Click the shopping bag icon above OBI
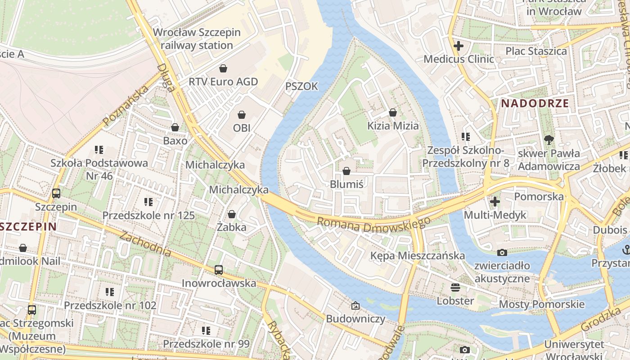click(x=241, y=115)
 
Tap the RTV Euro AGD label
click(x=223, y=81)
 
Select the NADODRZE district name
click(x=535, y=103)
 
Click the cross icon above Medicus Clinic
click(x=459, y=46)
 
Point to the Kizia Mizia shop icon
click(x=393, y=112)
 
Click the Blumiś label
click(x=346, y=184)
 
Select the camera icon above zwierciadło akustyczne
click(x=502, y=253)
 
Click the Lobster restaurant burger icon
click(x=455, y=288)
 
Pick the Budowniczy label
click(x=355, y=319)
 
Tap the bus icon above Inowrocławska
click(x=219, y=270)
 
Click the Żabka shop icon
click(x=232, y=214)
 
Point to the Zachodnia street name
click(x=145, y=244)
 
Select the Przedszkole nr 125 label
click(x=148, y=216)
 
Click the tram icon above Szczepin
click(x=56, y=193)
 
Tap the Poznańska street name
click(x=126, y=106)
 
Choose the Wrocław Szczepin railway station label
click(x=197, y=39)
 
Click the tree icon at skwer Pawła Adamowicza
click(x=549, y=140)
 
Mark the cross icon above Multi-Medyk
click(x=495, y=202)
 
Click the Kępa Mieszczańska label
click(x=417, y=256)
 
